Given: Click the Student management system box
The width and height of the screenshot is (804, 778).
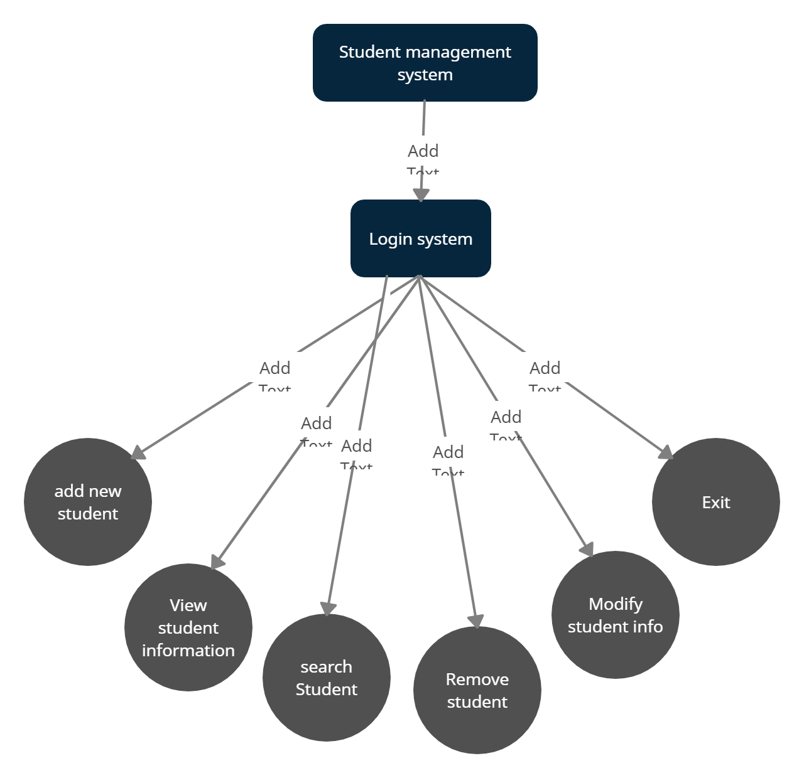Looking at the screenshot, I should [425, 63].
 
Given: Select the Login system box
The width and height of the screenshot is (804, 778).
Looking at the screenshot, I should [420, 238].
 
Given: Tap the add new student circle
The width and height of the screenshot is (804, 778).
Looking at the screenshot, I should [88, 502].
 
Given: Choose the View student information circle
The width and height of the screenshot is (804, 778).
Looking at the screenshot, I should [188, 627].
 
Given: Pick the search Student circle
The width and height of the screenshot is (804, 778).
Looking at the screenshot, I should [327, 678].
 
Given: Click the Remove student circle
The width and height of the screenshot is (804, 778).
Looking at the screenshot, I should [477, 690].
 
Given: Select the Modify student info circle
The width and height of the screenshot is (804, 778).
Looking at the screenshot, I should [616, 615].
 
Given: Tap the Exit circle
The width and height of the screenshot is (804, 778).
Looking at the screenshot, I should [716, 502].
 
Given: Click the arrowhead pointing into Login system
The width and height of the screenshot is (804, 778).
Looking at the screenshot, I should [421, 194].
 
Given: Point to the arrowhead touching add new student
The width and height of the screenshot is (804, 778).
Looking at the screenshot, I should [138, 453].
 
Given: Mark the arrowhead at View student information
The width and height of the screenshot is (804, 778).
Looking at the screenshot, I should [217, 561].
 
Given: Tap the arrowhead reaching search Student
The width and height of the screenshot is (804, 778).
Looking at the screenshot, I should [328, 608].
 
